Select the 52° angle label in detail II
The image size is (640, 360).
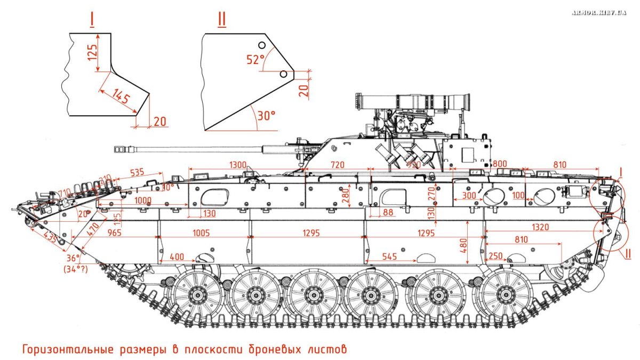(255, 59)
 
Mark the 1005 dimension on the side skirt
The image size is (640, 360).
(201, 234)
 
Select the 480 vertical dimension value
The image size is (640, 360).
(463, 245)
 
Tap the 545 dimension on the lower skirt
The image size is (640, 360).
(390, 257)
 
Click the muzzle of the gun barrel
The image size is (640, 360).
(118, 149)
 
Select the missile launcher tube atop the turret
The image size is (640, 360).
(413, 100)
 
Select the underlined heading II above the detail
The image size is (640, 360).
(222, 19)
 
